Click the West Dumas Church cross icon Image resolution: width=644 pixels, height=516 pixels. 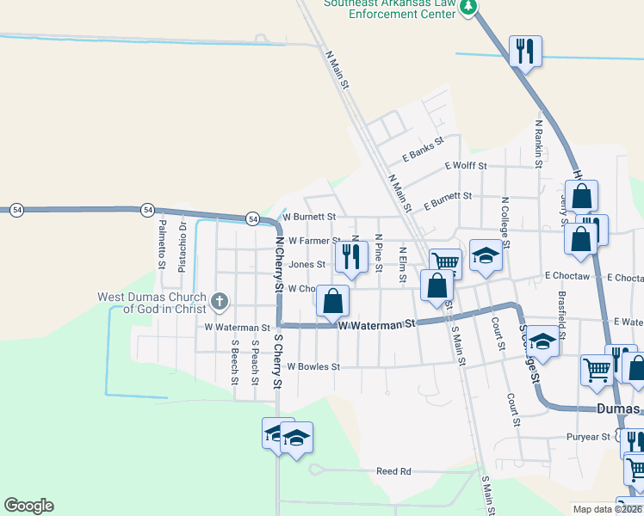[x=220, y=301]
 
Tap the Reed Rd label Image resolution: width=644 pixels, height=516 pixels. [x=394, y=471]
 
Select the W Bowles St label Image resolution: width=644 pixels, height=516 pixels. [x=313, y=366]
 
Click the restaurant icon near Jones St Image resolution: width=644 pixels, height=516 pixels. [x=351, y=256]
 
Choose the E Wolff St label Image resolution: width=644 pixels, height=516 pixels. [x=466, y=165]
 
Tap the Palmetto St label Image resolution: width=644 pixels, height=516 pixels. [x=162, y=244]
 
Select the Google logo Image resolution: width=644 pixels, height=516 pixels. [x=29, y=506]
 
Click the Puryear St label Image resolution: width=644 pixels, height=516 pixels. [x=588, y=437]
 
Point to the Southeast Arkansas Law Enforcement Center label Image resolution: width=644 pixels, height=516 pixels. [x=389, y=9]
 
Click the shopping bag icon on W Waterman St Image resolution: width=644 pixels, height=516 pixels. [x=332, y=302]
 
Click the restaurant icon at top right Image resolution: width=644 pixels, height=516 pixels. [x=523, y=51]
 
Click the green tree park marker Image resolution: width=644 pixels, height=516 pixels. [x=468, y=8]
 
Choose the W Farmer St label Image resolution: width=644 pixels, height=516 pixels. [x=314, y=241]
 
